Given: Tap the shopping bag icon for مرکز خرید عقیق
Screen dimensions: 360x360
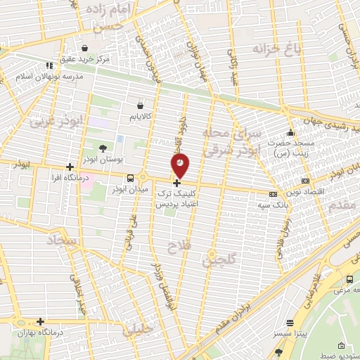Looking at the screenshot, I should tap(85, 49).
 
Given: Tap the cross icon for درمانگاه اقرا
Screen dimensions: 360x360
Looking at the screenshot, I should tap(69, 167).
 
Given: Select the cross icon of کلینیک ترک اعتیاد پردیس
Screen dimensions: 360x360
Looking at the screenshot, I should tap(176, 183).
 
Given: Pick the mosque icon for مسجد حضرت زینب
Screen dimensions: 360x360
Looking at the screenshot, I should tap(290, 133).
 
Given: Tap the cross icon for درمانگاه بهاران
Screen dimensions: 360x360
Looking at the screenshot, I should tap(40, 321).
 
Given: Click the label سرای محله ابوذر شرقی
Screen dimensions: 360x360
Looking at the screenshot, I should tap(231, 141).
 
